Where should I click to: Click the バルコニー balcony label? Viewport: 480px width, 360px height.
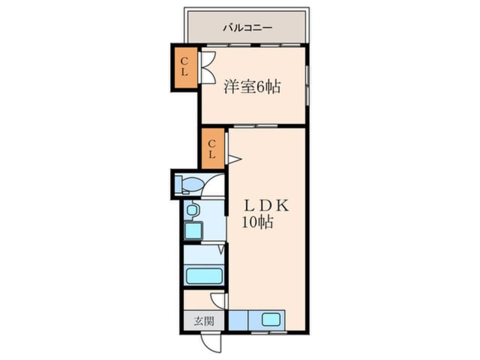click(247, 28)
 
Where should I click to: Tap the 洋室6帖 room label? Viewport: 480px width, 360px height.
click(252, 87)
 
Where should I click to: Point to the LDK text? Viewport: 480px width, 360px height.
click(266, 206)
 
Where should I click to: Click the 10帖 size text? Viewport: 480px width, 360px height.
click(258, 222)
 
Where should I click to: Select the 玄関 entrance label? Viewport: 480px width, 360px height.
click(204, 321)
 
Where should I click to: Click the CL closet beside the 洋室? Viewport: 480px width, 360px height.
click(184, 68)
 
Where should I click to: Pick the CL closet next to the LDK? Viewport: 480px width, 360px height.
click(212, 149)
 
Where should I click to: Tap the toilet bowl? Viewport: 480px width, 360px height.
click(190, 185)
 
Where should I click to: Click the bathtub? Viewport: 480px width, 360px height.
click(204, 276)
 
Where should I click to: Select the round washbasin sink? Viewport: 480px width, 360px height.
click(192, 210)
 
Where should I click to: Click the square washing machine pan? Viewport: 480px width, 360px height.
click(193, 231)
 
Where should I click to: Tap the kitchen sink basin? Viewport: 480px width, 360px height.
click(271, 320)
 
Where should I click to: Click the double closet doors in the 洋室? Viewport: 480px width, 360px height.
click(207, 67)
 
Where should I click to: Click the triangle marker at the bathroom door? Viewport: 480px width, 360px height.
click(222, 249)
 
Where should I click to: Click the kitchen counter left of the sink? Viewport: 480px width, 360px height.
click(238, 320)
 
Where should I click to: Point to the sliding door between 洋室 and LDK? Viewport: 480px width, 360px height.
click(256, 126)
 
